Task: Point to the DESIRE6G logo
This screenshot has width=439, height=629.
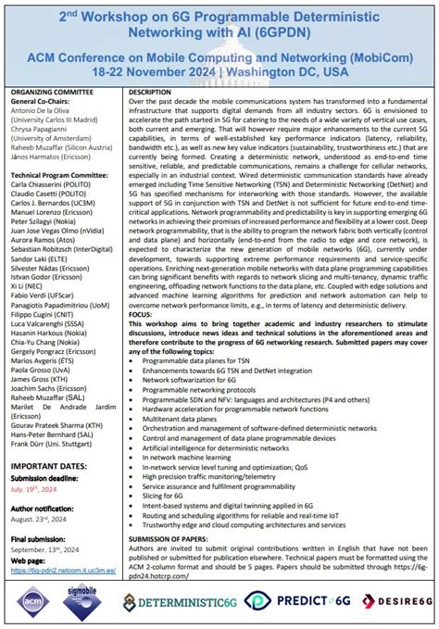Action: pyautogui.click(x=392, y=601)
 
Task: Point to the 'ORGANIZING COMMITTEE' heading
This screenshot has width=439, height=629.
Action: pyautogui.click(x=50, y=94)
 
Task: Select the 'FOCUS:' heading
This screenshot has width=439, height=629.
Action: pyautogui.click(x=142, y=313)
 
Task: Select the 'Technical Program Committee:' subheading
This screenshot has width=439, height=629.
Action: pyautogui.click(x=56, y=173)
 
